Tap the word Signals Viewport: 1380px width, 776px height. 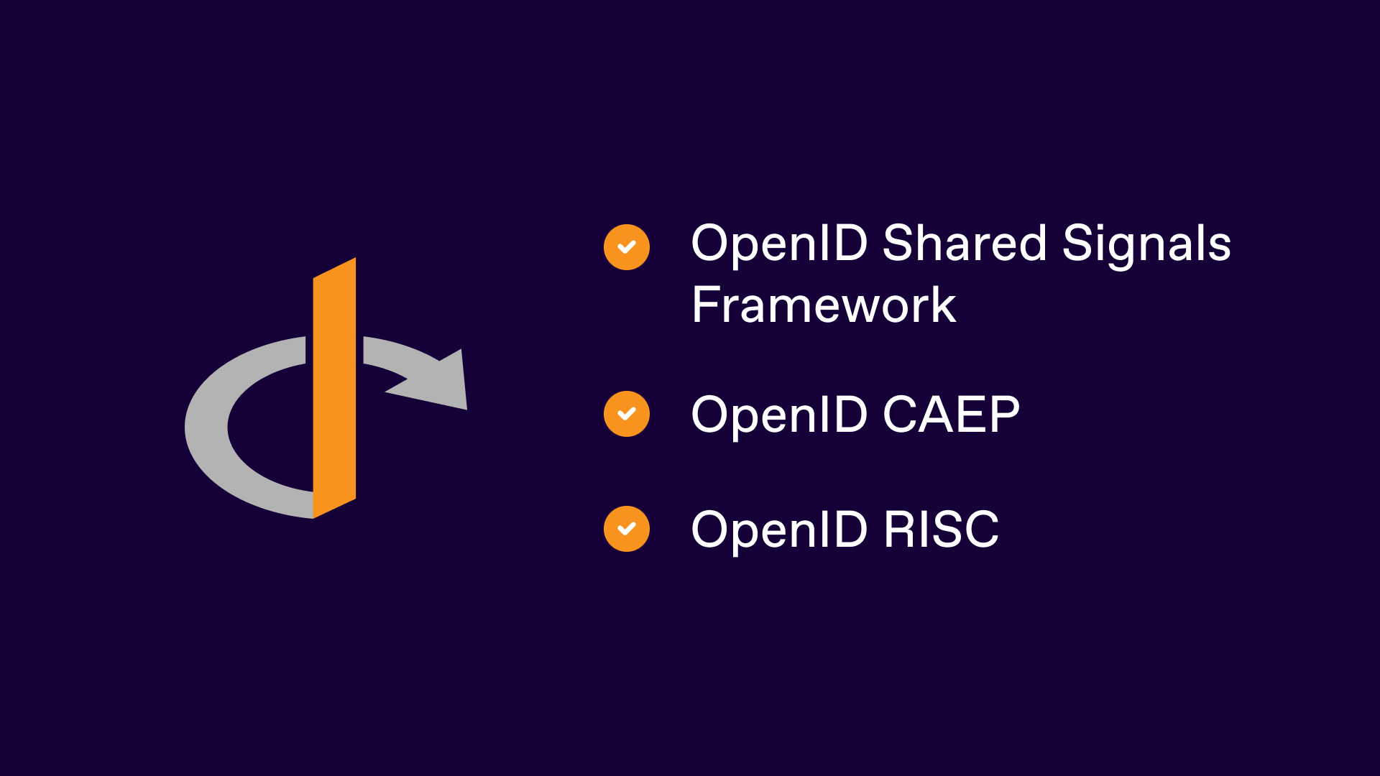(1146, 244)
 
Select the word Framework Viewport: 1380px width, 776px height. (823, 305)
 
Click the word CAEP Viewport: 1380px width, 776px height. (951, 415)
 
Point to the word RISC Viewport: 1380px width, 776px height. (941, 530)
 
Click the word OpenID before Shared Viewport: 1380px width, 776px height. (779, 244)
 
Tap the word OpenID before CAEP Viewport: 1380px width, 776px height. (779, 415)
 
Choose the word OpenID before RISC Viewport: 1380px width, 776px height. (779, 530)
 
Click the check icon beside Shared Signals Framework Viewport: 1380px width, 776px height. (627, 247)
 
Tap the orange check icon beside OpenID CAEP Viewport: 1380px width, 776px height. (627, 414)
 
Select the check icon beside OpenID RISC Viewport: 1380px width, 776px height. (627, 529)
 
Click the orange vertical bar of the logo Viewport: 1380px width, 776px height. (334, 388)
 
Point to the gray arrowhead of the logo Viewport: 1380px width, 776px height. (442, 381)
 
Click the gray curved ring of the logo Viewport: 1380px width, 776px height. (208, 431)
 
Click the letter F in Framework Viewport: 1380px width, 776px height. (704, 305)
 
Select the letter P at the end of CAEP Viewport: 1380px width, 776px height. (1005, 415)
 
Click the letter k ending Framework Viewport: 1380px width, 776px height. (942, 305)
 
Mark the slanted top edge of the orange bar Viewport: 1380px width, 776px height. (334, 268)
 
